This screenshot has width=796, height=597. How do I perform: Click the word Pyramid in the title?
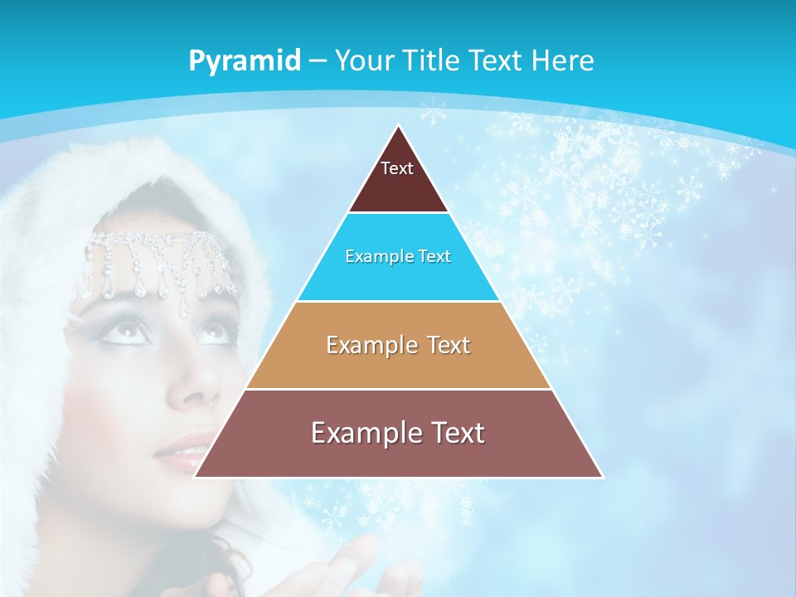click(x=245, y=61)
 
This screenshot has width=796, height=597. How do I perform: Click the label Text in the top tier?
click(x=397, y=168)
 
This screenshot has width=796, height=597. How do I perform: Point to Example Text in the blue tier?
click(x=398, y=256)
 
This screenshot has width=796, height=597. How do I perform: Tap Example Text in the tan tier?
click(x=398, y=345)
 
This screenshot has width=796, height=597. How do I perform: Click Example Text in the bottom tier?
click(x=398, y=433)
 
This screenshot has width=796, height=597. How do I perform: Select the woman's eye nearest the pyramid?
click(x=212, y=332)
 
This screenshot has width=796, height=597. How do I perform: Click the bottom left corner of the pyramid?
click(x=195, y=477)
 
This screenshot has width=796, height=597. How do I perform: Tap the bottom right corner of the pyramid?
click(x=602, y=477)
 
